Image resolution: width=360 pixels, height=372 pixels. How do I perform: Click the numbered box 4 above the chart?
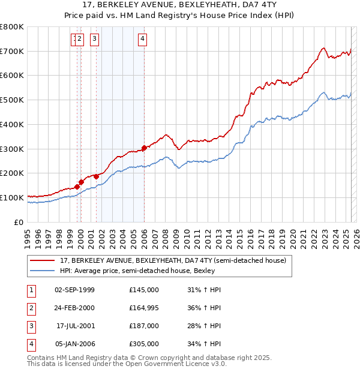click(142, 40)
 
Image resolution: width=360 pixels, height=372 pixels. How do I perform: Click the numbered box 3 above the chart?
click(95, 40)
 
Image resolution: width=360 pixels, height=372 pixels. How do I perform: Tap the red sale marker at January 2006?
click(144, 148)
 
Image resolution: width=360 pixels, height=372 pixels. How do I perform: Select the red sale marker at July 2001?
click(97, 176)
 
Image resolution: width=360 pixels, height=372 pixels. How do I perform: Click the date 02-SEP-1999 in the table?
click(74, 290)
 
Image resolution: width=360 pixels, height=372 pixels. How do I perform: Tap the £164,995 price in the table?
click(144, 308)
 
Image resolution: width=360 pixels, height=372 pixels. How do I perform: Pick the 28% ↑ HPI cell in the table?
click(205, 326)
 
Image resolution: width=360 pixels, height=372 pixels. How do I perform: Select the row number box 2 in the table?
click(31, 308)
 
